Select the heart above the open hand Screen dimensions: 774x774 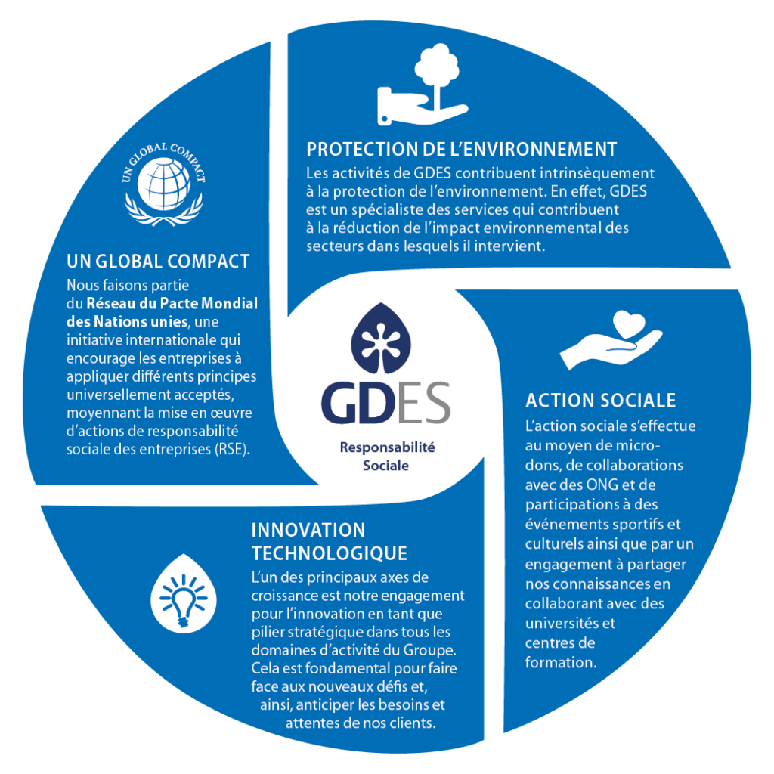[x=629, y=324]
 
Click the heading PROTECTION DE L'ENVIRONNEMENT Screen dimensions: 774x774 [x=462, y=149]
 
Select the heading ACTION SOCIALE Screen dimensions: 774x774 [x=600, y=401]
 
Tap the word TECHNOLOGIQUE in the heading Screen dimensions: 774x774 [x=330, y=553]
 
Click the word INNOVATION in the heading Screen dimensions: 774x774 [x=308, y=530]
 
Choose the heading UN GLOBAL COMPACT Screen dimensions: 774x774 [x=158, y=261]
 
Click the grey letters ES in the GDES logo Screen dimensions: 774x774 [x=423, y=402]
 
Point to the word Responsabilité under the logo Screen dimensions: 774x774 [x=387, y=447]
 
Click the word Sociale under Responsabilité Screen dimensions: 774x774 [x=385, y=466]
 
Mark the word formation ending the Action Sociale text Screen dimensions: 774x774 [x=561, y=662]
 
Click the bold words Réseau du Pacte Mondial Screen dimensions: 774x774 [x=172, y=303]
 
